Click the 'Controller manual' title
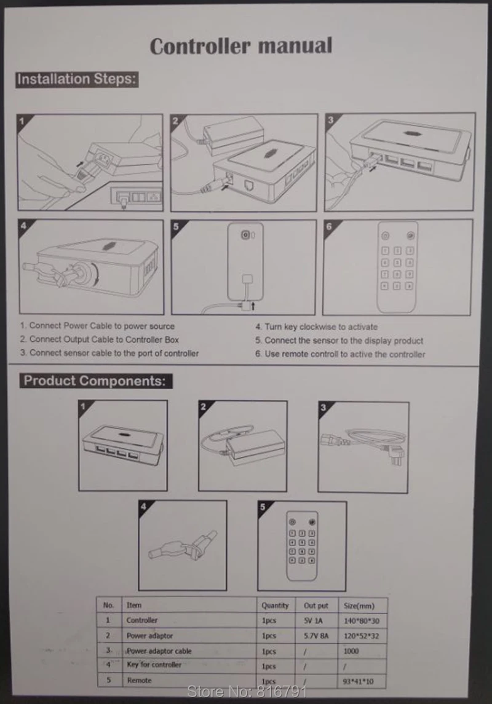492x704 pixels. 241,45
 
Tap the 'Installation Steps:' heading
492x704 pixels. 77,79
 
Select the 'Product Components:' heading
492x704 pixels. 95,381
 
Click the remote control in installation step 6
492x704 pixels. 397,267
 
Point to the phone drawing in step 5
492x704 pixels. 245,261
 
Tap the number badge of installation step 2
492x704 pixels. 175,121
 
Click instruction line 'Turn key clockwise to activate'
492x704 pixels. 317,327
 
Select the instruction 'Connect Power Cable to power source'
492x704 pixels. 97,326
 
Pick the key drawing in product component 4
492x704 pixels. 183,545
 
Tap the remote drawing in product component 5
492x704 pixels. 302,545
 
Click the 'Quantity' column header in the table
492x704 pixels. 275,605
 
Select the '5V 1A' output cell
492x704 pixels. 313,620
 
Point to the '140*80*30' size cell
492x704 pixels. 362,621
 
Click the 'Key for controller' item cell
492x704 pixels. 154,665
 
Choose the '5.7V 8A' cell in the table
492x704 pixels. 316,636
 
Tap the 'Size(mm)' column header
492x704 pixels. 359,606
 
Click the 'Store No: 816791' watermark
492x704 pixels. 247,691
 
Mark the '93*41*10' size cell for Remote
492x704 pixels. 358,681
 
